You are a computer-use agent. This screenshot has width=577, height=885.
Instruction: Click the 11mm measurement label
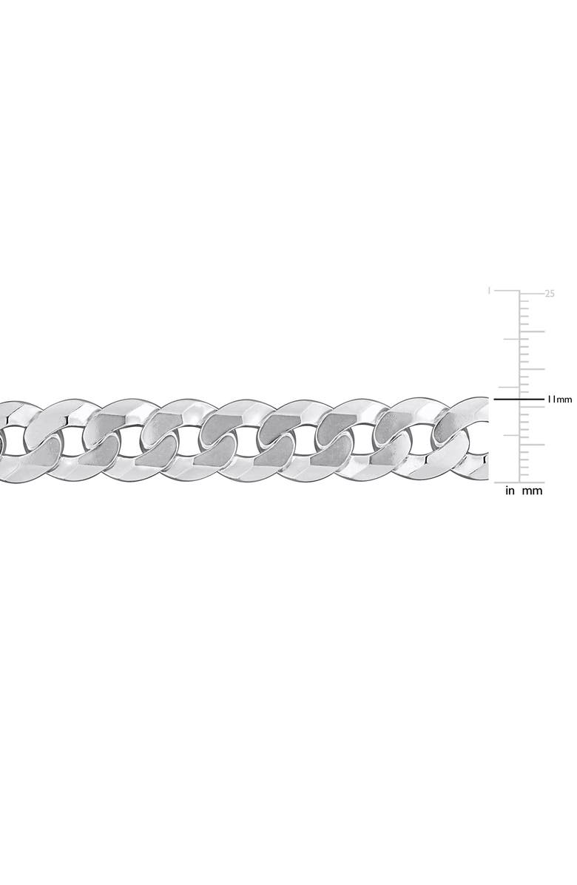click(x=559, y=400)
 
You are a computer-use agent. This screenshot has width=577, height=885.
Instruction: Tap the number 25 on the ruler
click(x=550, y=293)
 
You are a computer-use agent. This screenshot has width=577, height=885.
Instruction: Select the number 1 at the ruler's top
click(x=489, y=292)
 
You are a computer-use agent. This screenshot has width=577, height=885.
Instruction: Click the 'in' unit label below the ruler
click(x=510, y=491)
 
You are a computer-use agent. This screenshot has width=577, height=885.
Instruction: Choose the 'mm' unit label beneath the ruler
click(x=533, y=491)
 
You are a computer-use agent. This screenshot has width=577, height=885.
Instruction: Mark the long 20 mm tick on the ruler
click(x=532, y=331)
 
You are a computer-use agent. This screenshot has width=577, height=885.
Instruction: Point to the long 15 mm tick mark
click(x=532, y=369)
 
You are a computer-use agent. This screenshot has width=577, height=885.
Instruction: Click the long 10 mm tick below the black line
click(x=532, y=406)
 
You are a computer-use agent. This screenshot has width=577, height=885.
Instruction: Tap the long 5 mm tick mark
click(x=532, y=444)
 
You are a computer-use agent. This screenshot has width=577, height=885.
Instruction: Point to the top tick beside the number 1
click(x=507, y=292)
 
